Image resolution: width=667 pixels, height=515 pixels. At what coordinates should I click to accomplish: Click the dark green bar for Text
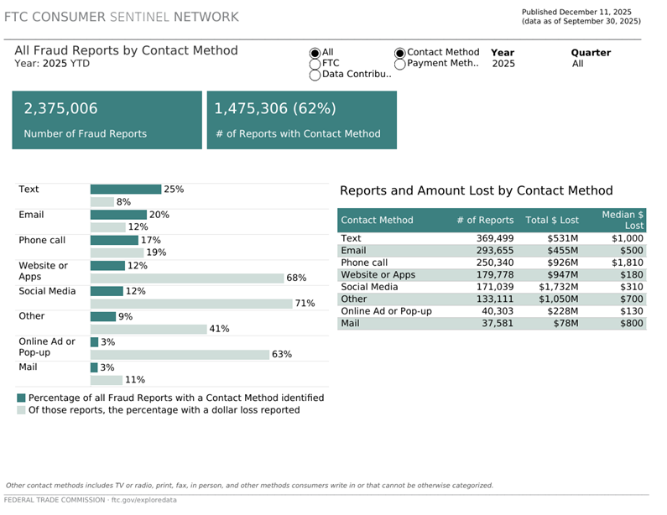coord(125,190)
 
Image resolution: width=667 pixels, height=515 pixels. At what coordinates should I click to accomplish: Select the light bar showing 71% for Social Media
coord(190,304)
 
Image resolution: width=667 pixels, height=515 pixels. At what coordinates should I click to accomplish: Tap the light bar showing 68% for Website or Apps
coord(185,278)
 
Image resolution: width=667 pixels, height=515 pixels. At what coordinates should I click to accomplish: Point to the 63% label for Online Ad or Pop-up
coord(281,355)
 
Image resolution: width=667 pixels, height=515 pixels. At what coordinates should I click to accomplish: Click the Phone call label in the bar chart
coord(42,241)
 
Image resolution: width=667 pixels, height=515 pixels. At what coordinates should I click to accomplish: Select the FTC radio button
coord(315,64)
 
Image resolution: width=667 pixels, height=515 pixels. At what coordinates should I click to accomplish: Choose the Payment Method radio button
coord(400,64)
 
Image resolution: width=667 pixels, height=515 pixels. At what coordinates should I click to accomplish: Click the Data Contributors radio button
coord(315,75)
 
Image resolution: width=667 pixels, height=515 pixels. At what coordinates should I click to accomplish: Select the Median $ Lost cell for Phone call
coord(627,263)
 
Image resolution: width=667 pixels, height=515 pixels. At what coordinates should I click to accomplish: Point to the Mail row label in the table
coord(351,323)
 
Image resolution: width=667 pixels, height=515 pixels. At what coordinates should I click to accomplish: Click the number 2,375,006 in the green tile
coord(60,109)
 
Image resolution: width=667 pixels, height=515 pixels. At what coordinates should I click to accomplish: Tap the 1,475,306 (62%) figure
coord(275,109)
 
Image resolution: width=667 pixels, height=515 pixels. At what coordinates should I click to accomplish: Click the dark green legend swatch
coord(21,398)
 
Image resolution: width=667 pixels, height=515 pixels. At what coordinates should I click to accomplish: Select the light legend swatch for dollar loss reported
coord(21,411)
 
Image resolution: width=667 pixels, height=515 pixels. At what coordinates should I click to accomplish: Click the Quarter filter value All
coord(577,64)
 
